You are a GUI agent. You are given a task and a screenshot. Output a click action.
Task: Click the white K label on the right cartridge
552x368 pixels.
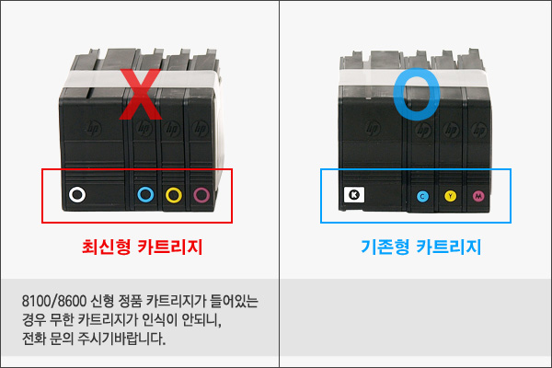click(354, 195)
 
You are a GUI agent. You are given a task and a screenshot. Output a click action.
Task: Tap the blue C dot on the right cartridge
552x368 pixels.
click(422, 197)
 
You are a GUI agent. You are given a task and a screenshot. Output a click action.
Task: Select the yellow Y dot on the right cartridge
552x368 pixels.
click(450, 196)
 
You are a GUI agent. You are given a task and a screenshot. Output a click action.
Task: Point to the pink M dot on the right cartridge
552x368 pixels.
click(478, 196)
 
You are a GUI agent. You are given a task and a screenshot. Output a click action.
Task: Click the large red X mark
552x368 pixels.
click(141, 95)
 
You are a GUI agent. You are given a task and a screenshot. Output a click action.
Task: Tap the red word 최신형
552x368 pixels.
click(106, 247)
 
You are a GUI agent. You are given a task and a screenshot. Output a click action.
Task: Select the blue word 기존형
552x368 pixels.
click(385, 247)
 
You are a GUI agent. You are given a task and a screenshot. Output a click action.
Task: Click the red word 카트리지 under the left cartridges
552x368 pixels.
click(169, 247)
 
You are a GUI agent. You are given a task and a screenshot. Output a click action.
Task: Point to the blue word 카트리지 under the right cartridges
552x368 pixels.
click(449, 247)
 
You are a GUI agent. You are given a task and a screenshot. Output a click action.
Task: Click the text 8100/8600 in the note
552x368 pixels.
click(54, 301)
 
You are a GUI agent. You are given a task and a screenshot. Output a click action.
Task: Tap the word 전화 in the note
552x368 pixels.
click(33, 339)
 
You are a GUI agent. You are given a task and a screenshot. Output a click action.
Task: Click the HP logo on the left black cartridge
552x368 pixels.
click(94, 129)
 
